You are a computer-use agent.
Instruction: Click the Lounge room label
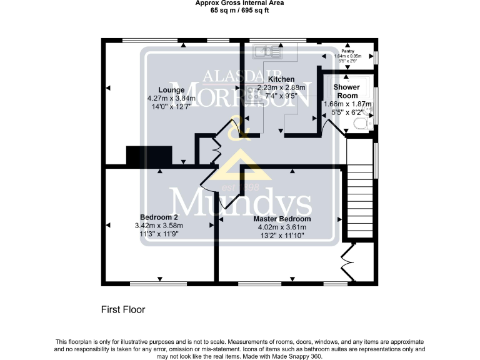click(x=171, y=90)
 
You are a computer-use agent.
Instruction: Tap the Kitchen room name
click(x=281, y=79)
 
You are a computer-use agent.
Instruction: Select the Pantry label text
click(x=348, y=51)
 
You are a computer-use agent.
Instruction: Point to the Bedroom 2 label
click(x=159, y=217)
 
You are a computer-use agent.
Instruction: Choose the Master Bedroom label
click(x=282, y=219)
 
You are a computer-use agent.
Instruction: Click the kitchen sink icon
click(x=267, y=51)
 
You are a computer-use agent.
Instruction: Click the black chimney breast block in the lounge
click(x=149, y=156)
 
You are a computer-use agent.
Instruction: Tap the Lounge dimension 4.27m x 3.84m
click(x=171, y=98)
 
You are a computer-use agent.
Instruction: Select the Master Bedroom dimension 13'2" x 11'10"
click(x=282, y=236)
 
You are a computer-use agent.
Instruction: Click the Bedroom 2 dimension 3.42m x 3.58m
click(x=159, y=226)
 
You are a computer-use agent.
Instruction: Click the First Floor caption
click(x=123, y=309)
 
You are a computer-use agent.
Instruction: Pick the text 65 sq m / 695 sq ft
click(x=239, y=11)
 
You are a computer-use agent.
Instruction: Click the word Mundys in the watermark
click(x=241, y=204)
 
